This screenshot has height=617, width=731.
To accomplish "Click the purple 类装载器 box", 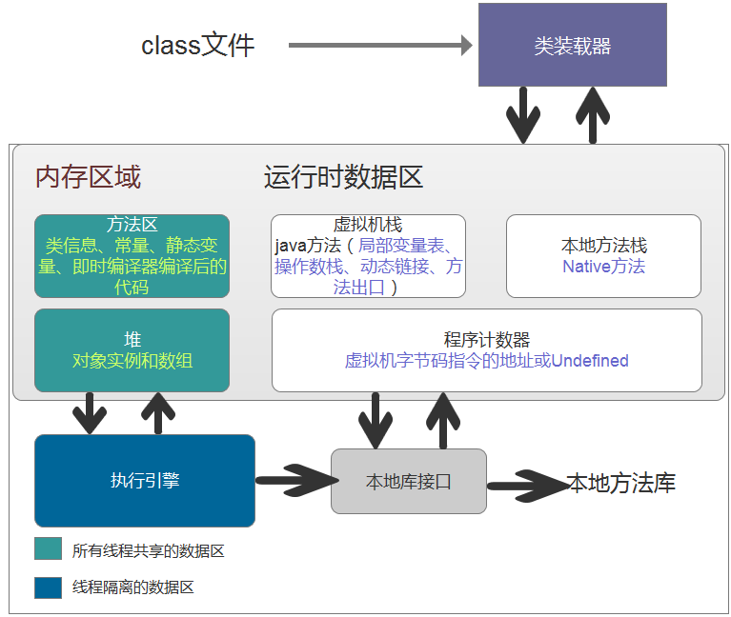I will click(572, 46).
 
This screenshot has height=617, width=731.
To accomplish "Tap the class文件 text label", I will click(198, 46).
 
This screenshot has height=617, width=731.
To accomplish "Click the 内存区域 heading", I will click(88, 177).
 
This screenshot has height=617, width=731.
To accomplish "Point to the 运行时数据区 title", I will click(343, 177).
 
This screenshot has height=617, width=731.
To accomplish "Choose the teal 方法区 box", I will click(132, 255).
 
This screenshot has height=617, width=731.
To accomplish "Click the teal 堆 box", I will click(132, 349).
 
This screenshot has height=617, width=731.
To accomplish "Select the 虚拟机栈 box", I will click(368, 256).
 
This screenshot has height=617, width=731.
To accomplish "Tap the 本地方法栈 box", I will click(603, 255).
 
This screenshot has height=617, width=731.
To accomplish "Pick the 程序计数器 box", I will click(486, 349).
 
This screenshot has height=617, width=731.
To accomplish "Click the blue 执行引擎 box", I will click(145, 481).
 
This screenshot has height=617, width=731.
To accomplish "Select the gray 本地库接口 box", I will click(409, 481).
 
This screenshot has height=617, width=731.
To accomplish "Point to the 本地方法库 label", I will click(621, 483).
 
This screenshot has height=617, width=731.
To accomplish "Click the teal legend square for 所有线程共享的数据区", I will click(48, 549).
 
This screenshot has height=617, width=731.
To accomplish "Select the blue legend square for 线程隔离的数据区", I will click(48, 587).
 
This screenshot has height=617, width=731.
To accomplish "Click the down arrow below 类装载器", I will click(522, 114).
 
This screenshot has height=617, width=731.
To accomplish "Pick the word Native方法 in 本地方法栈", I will click(603, 267).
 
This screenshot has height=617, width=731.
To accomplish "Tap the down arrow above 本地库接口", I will click(375, 420).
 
